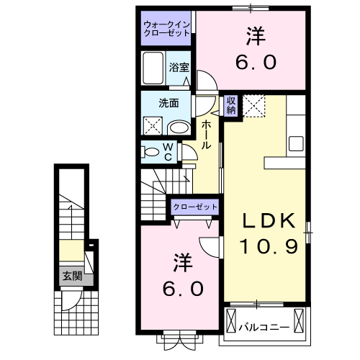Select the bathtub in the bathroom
pyautogui.click(x=154, y=71)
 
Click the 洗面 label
pyautogui.click(x=168, y=102)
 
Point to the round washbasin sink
pyautogui.click(x=179, y=128)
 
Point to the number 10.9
pyautogui.click(x=268, y=247)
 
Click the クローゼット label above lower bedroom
pyautogui.click(x=194, y=207)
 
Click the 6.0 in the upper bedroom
pyautogui.click(x=255, y=62)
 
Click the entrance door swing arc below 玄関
pyautogui.click(x=70, y=301)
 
